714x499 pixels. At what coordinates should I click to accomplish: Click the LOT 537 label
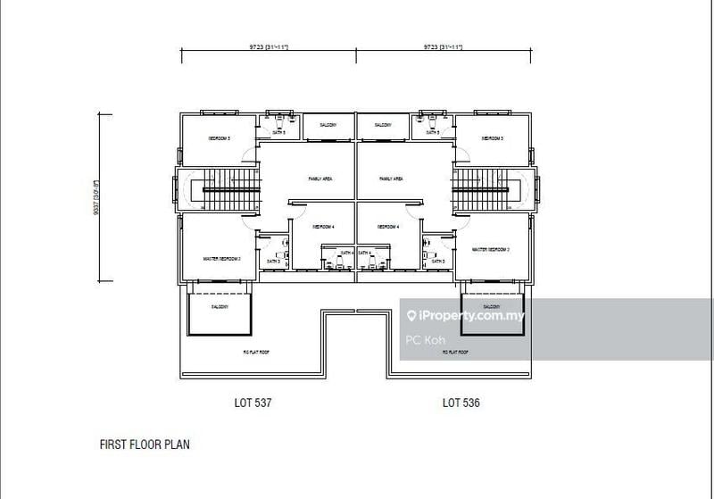pos(250,403)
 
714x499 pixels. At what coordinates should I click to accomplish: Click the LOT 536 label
pos(461,403)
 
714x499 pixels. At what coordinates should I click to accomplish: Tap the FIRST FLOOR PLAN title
pos(144,444)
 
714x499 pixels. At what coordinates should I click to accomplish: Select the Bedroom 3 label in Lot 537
pos(220,139)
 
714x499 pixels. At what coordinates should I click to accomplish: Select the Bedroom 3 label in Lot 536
pos(493,139)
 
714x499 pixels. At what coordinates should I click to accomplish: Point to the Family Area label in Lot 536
pos(391,179)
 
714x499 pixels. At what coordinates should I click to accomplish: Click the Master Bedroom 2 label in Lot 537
pos(222,259)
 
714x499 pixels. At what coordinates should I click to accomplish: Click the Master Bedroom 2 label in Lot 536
pos(491,250)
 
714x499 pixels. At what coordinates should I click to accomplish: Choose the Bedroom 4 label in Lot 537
pos(323,228)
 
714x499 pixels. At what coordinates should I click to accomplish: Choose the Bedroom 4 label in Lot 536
pos(388,228)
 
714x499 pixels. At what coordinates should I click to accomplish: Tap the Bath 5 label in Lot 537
pos(279,132)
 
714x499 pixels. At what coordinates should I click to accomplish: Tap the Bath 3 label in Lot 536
pos(437,262)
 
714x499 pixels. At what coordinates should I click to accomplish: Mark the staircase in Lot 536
pos(485,189)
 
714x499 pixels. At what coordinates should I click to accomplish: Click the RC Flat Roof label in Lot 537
pos(257,353)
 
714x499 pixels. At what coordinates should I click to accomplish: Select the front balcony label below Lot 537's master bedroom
pos(220,307)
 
